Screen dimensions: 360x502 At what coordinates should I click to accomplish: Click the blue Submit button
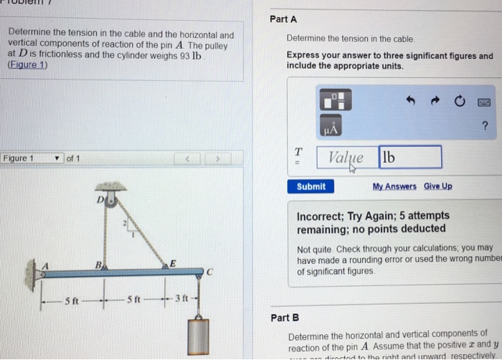tap(311, 186)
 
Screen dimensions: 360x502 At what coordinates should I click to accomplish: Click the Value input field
tap(346, 157)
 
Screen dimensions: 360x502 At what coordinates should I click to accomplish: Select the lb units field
tap(409, 157)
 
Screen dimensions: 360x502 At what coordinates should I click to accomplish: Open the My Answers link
tap(394, 186)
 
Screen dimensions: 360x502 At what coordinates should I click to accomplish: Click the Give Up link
tap(438, 186)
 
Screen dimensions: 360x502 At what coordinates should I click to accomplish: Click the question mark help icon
tap(486, 127)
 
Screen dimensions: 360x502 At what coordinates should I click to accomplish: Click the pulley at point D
tap(110, 202)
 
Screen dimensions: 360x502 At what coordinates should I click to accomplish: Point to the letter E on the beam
tap(171, 263)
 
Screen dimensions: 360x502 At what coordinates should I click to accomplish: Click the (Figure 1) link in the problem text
tap(26, 65)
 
